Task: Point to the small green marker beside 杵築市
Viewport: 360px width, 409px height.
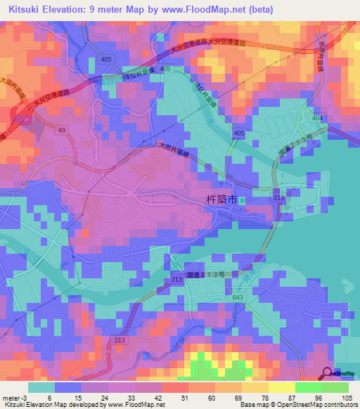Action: pyautogui.click(x=241, y=201)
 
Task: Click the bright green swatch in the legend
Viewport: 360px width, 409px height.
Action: pyautogui.click(x=308, y=387)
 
